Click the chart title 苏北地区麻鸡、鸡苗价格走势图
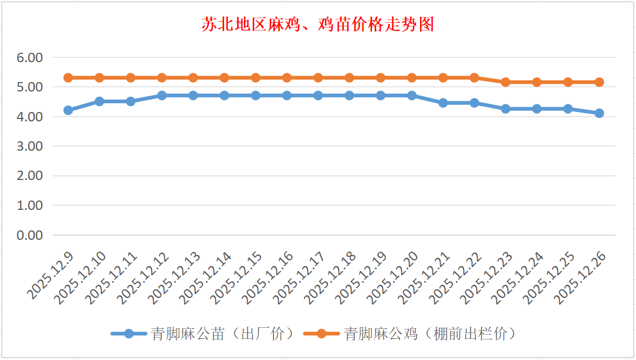(317, 25)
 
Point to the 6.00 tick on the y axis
(30, 57)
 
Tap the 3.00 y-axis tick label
(30, 146)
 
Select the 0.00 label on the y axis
(30, 235)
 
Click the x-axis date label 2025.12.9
(50, 274)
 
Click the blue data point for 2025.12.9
(68, 110)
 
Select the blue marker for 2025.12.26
(599, 113)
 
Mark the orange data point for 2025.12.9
(68, 77)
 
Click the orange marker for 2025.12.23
(505, 82)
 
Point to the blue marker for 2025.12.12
(162, 95)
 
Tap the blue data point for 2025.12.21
(443, 103)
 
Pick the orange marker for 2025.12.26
(599, 82)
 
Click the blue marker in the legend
(128, 334)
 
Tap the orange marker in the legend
(321, 334)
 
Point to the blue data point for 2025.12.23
(505, 108)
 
